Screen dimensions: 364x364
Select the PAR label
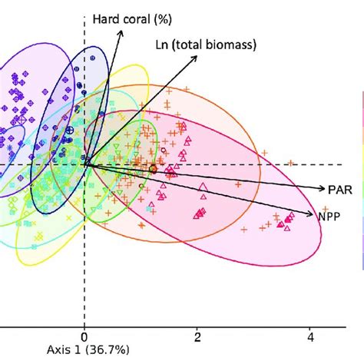tap(339, 187)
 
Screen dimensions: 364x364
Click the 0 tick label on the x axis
tap(84, 336)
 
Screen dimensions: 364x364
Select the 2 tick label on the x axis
tap(197, 336)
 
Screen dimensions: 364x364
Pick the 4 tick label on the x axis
tap(311, 336)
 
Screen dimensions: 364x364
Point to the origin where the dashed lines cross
tap(84, 164)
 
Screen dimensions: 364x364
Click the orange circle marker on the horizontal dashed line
tap(153, 169)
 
